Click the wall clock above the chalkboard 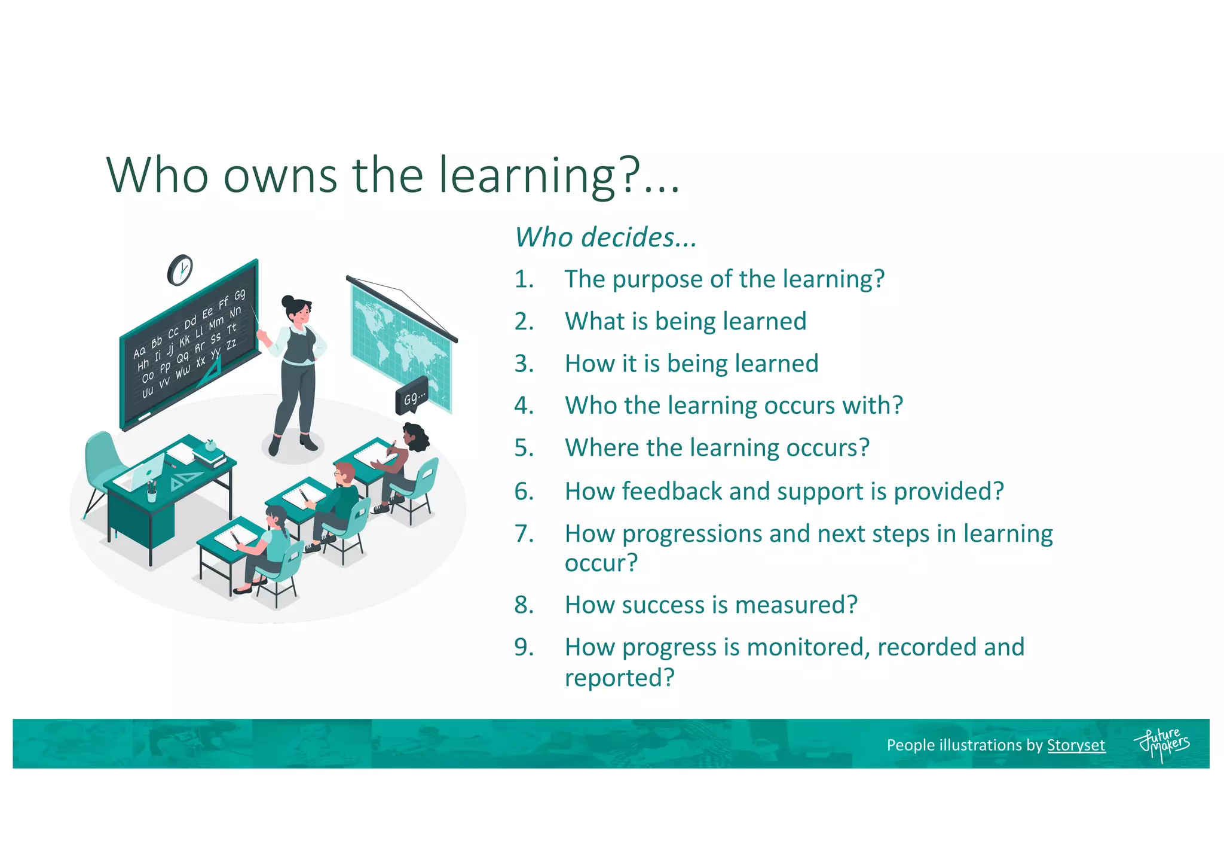(x=180, y=270)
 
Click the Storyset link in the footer (x=1076, y=745)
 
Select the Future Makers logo (x=1161, y=745)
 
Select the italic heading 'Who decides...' (x=605, y=237)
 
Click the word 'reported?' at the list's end (x=619, y=678)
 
